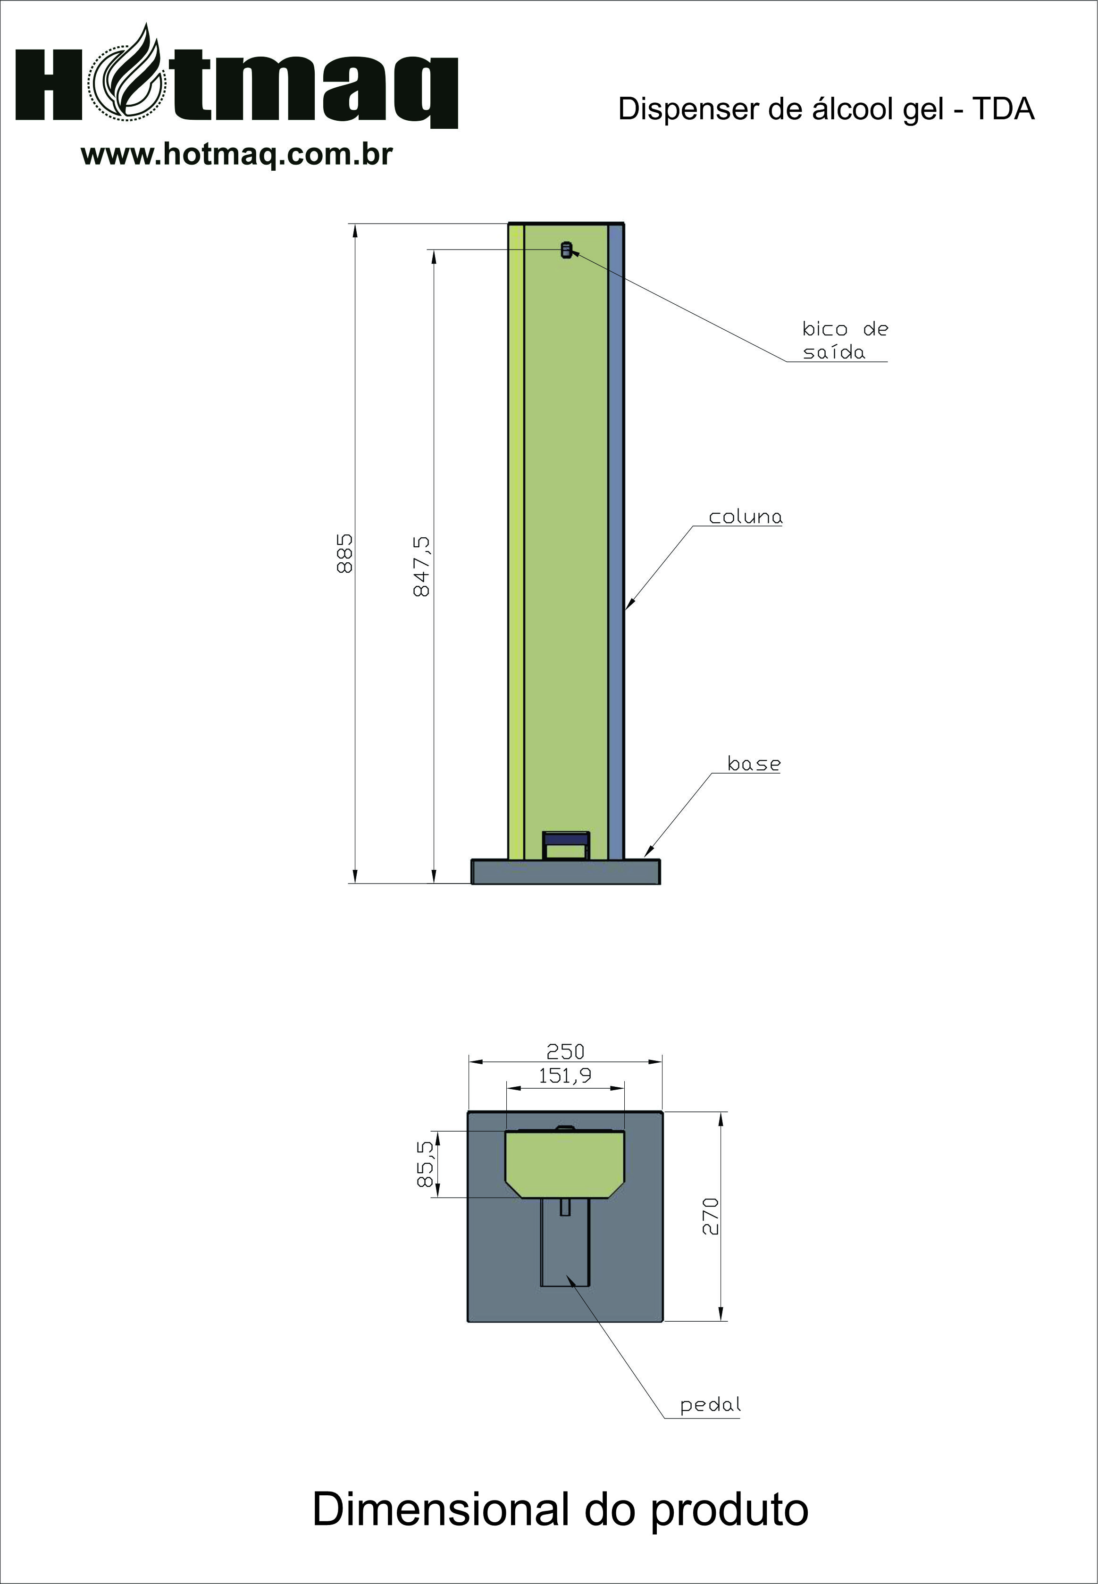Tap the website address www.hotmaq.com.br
point(237,154)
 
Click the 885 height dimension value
point(344,552)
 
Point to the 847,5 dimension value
point(422,567)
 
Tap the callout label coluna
point(746,517)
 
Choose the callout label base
point(754,764)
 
